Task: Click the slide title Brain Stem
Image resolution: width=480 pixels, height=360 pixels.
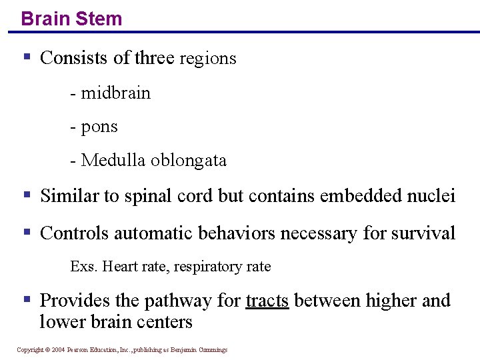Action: (x=71, y=18)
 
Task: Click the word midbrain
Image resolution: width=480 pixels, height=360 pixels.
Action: (x=115, y=93)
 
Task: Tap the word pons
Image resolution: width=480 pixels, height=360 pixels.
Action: (x=99, y=127)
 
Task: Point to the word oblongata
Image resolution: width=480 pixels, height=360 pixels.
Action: (x=189, y=160)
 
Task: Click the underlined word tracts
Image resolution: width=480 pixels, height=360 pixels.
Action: (x=267, y=301)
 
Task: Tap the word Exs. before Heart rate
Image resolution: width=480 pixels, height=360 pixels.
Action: (x=83, y=267)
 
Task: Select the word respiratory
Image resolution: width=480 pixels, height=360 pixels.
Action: (x=208, y=267)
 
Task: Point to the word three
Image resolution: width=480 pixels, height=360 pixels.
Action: (x=154, y=58)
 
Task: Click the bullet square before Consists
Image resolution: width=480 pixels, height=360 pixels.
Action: (x=27, y=57)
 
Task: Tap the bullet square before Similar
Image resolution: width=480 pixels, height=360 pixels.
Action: (x=27, y=195)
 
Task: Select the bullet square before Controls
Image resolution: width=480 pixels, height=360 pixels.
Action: (x=27, y=233)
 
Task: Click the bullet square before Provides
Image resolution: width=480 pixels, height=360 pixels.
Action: (x=27, y=299)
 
